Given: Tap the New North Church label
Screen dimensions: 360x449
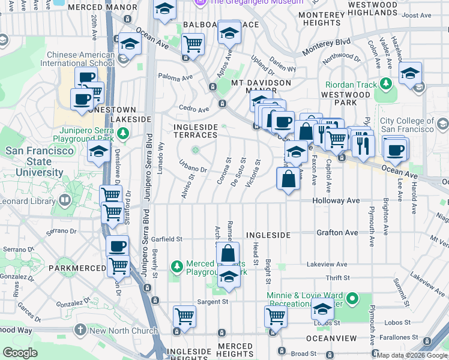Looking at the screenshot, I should tap(124, 330).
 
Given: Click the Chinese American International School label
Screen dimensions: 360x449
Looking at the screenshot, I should tap(80, 58).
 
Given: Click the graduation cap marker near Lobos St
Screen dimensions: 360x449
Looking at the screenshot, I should tap(322, 310).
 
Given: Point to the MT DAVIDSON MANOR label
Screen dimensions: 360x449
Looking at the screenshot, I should tap(261, 86).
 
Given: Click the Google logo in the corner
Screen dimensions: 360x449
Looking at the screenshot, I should tap(20, 353).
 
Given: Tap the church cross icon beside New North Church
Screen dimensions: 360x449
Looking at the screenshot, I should tap(81, 330).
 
